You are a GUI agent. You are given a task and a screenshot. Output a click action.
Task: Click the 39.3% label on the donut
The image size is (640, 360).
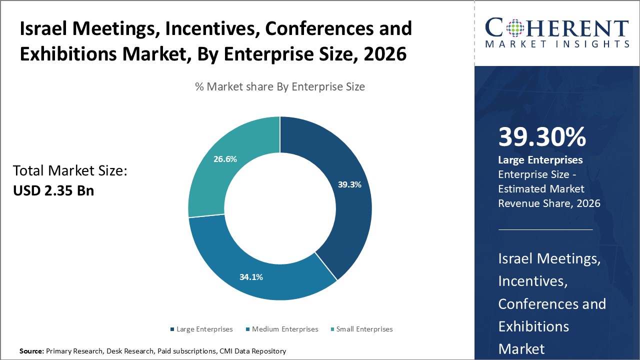349,184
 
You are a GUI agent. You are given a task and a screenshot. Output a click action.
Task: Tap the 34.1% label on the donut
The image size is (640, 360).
251,276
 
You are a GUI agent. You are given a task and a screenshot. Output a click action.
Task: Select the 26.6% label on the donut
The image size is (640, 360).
225,159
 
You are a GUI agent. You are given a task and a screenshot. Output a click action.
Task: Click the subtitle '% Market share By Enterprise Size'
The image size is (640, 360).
280,86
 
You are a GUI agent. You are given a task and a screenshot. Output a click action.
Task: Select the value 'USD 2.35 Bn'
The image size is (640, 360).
53,190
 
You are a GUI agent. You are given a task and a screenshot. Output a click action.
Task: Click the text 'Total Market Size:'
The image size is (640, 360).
70,171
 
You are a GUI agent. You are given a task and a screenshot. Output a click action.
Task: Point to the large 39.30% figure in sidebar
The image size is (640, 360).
542,137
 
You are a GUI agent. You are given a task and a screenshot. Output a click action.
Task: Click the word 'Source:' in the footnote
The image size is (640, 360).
31,351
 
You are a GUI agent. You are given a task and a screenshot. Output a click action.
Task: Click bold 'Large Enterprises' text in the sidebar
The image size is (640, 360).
540,160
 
